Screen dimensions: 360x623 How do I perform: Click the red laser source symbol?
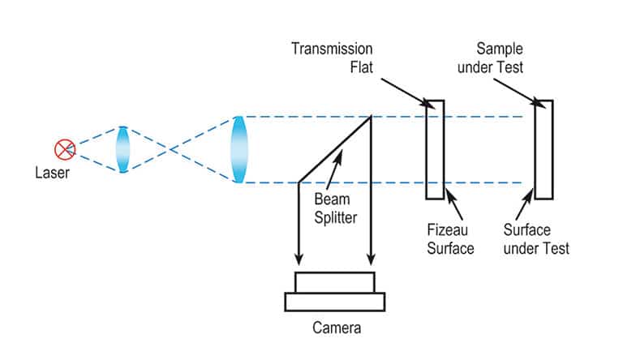click(x=64, y=149)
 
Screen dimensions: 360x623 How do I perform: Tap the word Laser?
click(x=52, y=173)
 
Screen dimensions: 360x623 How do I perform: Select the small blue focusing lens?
click(x=123, y=149)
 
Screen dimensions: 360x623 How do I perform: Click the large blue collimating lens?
click(x=238, y=149)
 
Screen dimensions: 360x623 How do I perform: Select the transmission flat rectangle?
click(x=435, y=149)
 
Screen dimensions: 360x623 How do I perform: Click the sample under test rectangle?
click(x=544, y=149)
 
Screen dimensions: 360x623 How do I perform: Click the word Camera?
click(x=336, y=328)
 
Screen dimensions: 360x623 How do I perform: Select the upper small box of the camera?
click(x=335, y=282)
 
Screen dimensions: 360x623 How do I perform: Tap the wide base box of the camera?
click(x=335, y=301)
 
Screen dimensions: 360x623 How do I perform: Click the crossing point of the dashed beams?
click(x=169, y=149)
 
